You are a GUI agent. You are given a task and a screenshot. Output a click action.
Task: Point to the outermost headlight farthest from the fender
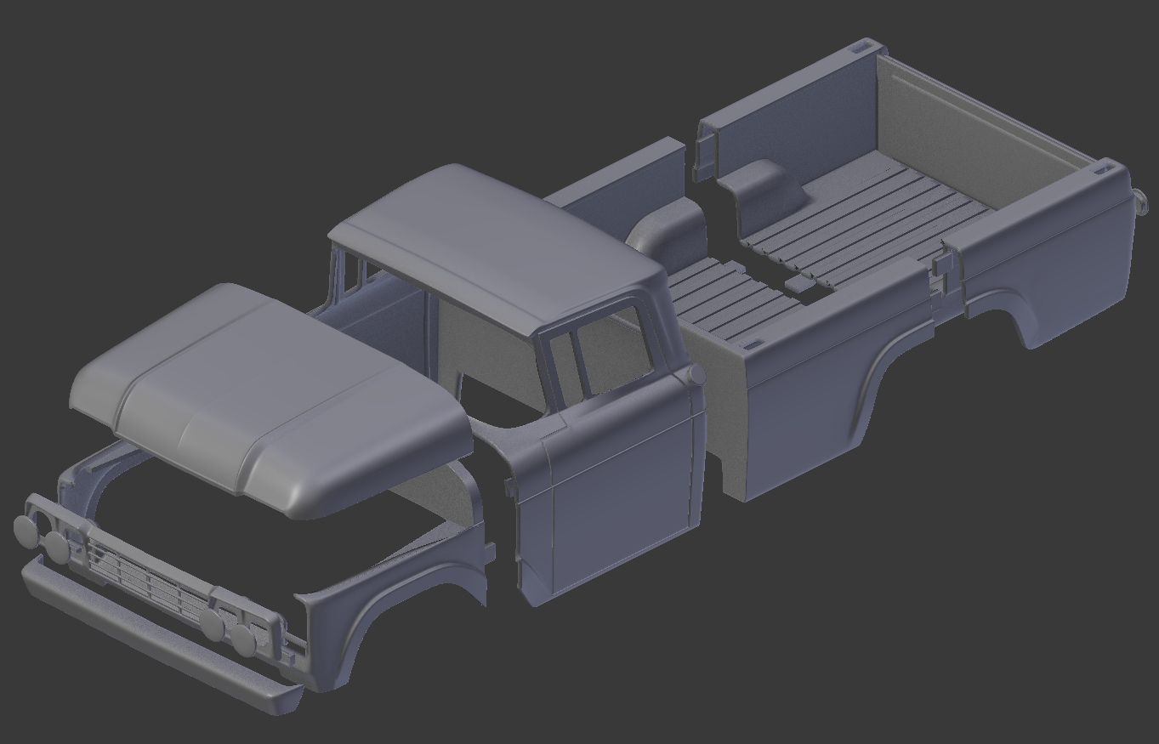coord(26,529)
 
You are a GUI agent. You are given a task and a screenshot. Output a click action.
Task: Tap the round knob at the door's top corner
coord(696,374)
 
